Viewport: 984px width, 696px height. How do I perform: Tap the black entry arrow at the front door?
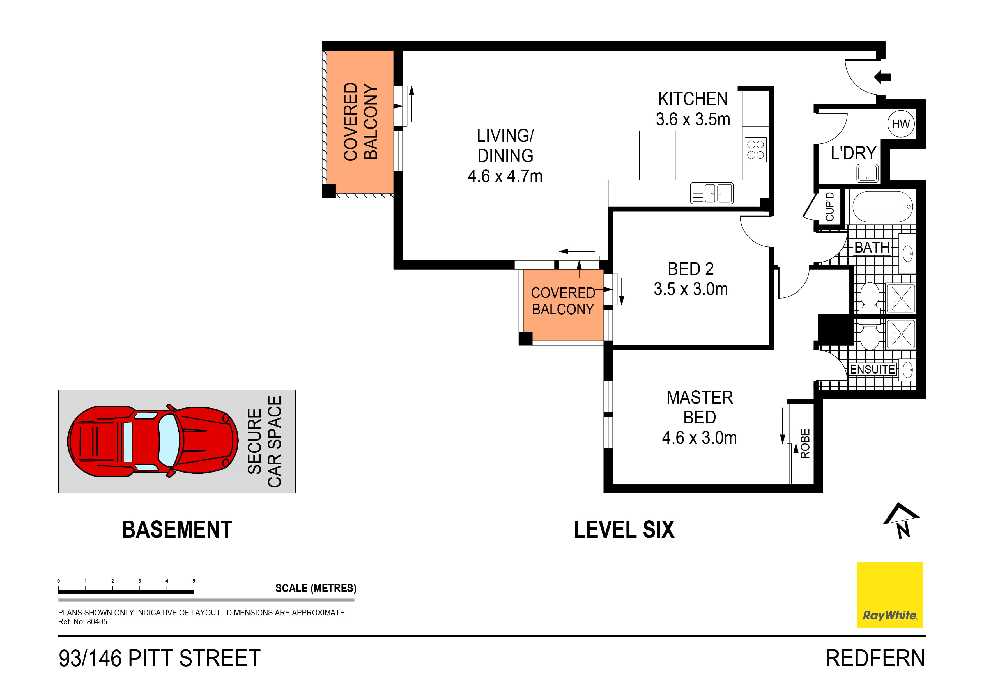tap(883, 77)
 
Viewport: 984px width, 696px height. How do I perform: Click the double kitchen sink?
tap(712, 193)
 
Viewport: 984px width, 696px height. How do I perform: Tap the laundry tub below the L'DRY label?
tap(867, 173)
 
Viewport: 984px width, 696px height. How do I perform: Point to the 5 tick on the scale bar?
tap(194, 581)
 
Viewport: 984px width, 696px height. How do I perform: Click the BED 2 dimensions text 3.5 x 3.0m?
tap(690, 289)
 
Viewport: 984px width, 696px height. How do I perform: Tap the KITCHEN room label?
tap(693, 99)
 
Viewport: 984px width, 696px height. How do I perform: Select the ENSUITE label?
tap(872, 369)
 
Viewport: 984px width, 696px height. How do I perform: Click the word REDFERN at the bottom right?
tap(875, 658)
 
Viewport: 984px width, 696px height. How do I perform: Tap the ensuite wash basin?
tap(907, 369)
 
